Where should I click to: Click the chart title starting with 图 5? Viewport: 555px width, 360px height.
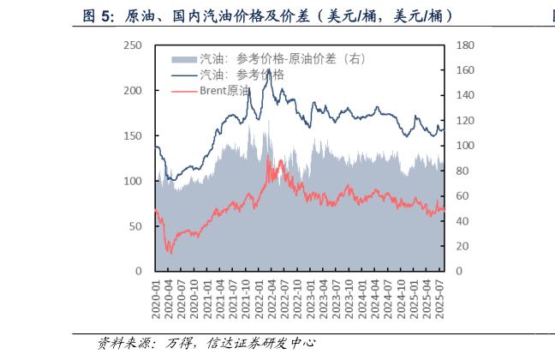pos(266,16)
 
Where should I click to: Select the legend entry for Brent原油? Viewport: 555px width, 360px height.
pos(224,89)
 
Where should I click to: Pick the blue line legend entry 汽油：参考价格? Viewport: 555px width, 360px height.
pos(242,74)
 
